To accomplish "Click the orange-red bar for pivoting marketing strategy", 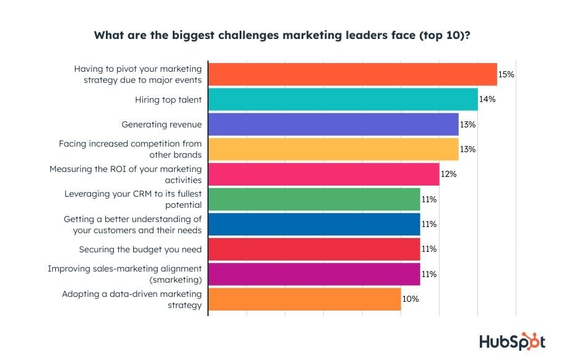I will tap(352, 74).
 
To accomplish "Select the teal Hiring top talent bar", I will tap(343, 99).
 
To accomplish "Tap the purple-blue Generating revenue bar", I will tap(333, 124).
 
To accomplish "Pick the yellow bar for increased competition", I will tap(333, 149).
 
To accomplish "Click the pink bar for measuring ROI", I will tap(324, 174).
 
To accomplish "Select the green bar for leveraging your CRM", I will tap(314, 199).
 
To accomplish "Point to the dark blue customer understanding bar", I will tap(314, 224).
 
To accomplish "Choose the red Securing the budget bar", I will tap(314, 249).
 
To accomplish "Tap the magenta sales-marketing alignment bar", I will tap(314, 274).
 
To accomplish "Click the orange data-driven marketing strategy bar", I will tap(305, 299).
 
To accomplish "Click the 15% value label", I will tap(506, 74).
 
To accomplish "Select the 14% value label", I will tap(487, 99).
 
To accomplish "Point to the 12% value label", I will tap(448, 174).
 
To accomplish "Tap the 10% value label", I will tap(410, 299).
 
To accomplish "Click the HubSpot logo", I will tap(512, 342).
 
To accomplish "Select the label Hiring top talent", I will tap(168, 99).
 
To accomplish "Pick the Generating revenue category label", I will tap(162, 124).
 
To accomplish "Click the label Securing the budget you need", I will tap(141, 249).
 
